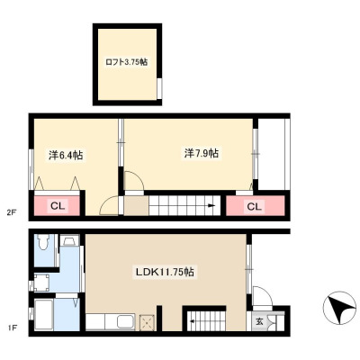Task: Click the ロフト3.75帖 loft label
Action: tap(126, 62)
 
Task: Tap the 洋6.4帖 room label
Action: tap(66, 155)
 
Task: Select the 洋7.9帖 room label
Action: tap(202, 153)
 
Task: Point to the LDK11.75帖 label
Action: tap(165, 272)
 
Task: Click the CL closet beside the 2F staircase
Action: tap(255, 205)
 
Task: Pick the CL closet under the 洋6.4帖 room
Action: tap(58, 205)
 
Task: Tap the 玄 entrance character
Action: tap(259, 322)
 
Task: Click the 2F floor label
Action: tap(12, 213)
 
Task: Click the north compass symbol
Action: tap(339, 308)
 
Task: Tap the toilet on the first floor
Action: tap(44, 242)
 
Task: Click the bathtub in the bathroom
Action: tap(44, 315)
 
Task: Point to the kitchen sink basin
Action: tap(126, 321)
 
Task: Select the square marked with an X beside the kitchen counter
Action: tap(147, 322)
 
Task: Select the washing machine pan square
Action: tap(41, 283)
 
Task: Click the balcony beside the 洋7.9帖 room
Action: tap(272, 154)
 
